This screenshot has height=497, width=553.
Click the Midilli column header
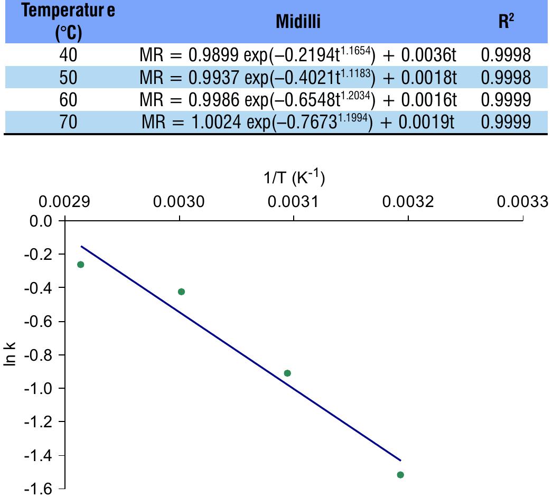(x=298, y=22)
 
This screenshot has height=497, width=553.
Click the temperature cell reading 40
(x=69, y=55)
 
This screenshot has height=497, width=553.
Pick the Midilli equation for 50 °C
(x=298, y=78)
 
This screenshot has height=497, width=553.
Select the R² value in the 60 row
(x=506, y=100)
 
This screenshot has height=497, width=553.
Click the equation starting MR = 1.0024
(x=298, y=122)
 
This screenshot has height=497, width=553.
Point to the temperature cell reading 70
(x=69, y=123)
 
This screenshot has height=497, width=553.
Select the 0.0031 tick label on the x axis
(x=294, y=203)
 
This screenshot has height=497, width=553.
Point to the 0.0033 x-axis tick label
(x=522, y=203)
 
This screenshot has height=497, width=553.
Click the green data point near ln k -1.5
(x=400, y=475)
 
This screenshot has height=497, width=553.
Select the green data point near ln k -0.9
(x=287, y=373)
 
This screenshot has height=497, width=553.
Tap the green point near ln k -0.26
(x=81, y=265)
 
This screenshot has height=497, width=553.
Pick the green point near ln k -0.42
(x=181, y=292)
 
